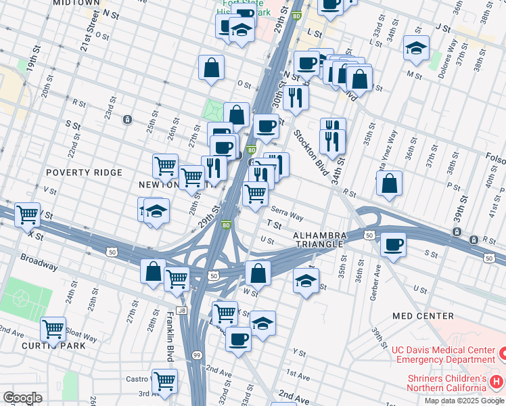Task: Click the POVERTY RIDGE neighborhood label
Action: point(84,173)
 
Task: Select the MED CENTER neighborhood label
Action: point(423,316)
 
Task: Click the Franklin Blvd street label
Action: point(170,336)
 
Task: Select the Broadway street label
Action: point(39,263)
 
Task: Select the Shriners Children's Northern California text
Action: point(446,383)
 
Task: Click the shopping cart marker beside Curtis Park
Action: point(53,329)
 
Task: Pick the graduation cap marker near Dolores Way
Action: point(416,47)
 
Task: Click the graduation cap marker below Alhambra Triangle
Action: point(306,279)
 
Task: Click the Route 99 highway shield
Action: point(197,355)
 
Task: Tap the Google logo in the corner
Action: point(23,397)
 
